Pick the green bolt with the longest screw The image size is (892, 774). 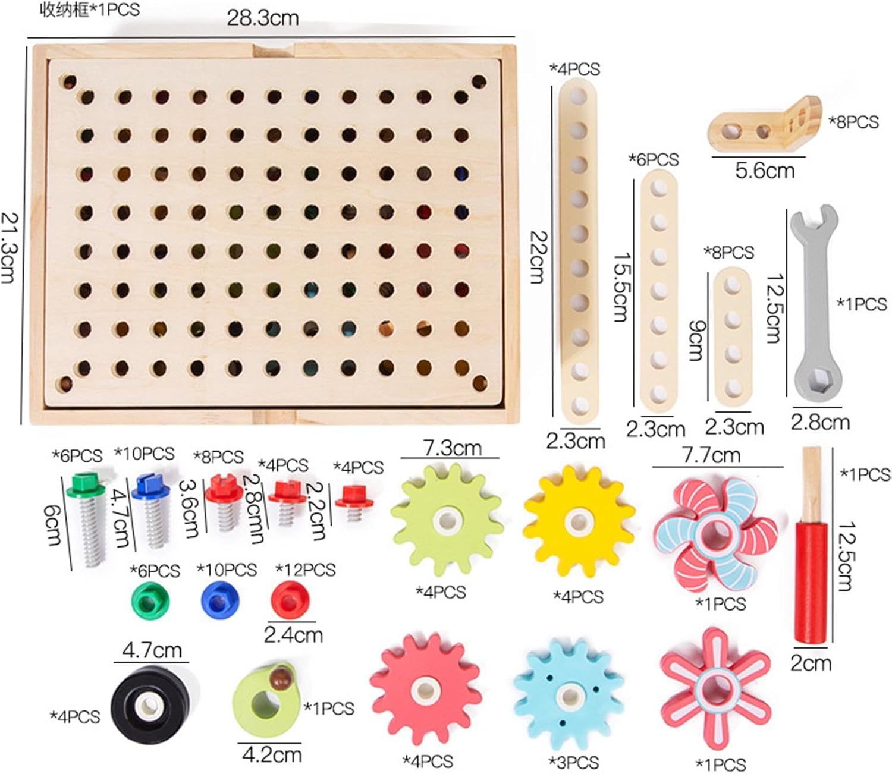[x=88, y=519]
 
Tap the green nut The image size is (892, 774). [x=150, y=602]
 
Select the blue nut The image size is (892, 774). [x=220, y=600]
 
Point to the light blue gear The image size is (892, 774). [x=569, y=697]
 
